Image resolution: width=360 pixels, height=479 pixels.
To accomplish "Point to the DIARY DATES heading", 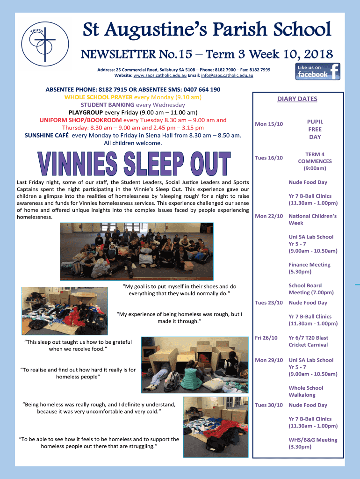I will pos(297,99).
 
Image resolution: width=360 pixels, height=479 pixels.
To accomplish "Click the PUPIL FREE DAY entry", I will pos(315,129).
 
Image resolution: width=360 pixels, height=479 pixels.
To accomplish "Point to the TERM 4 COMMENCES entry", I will pos(315,161).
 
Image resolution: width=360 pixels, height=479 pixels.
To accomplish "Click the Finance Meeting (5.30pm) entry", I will pos(309,268).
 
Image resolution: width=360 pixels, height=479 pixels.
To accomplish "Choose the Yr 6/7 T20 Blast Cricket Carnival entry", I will pos(308,341).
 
